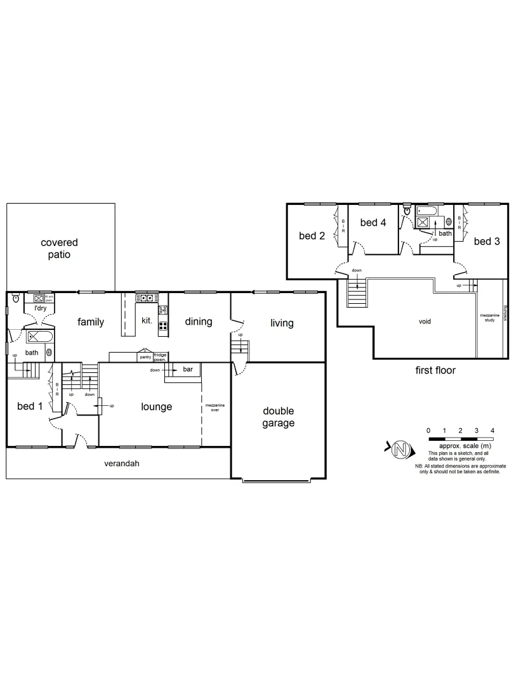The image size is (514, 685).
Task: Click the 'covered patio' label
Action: pyautogui.click(x=59, y=249)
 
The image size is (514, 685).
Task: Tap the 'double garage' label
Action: pyautogui.click(x=278, y=417)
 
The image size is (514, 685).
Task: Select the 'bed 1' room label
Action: pyautogui.click(x=29, y=407)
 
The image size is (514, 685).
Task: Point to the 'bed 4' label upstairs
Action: pyautogui.click(x=373, y=223)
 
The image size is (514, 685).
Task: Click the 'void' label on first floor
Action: pyautogui.click(x=425, y=321)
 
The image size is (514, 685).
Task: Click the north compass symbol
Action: pyautogui.click(x=400, y=450)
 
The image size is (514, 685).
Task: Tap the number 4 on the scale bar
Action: pyautogui.click(x=492, y=431)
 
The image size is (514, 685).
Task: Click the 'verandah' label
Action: pyautogui.click(x=121, y=464)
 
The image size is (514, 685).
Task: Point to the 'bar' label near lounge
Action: pyautogui.click(x=188, y=369)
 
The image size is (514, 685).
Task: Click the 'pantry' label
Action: pyautogui.click(x=145, y=358)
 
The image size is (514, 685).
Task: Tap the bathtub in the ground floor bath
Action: pyautogui.click(x=39, y=336)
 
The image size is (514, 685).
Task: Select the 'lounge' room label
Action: pyautogui.click(x=156, y=407)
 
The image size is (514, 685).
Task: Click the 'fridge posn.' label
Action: pyautogui.click(x=160, y=358)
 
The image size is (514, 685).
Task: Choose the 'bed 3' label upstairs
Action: pyautogui.click(x=487, y=242)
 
